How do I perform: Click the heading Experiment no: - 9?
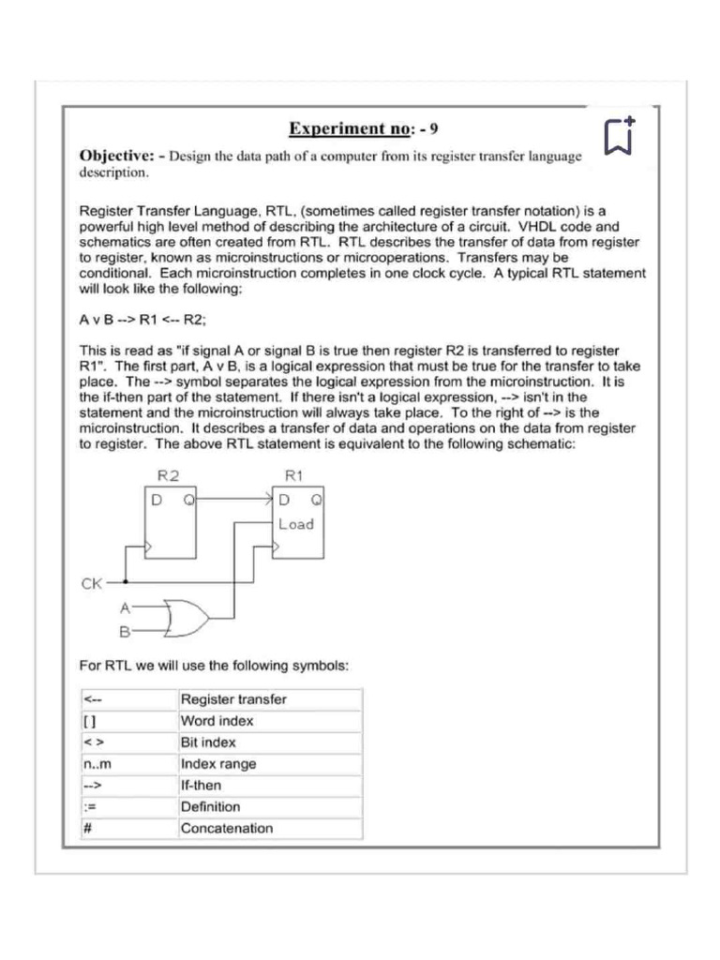[360, 128]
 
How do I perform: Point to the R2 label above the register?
[169, 475]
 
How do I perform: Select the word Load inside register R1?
[296, 524]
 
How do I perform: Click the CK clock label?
[92, 583]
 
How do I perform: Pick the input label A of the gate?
[124, 607]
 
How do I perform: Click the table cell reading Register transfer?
[233, 699]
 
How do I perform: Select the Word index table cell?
[217, 721]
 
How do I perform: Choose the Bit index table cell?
[208, 742]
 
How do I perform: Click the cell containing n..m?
[97, 764]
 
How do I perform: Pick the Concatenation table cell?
[227, 828]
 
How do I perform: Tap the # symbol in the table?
[87, 828]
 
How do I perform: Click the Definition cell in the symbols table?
[210, 806]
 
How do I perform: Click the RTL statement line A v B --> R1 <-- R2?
[142, 321]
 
